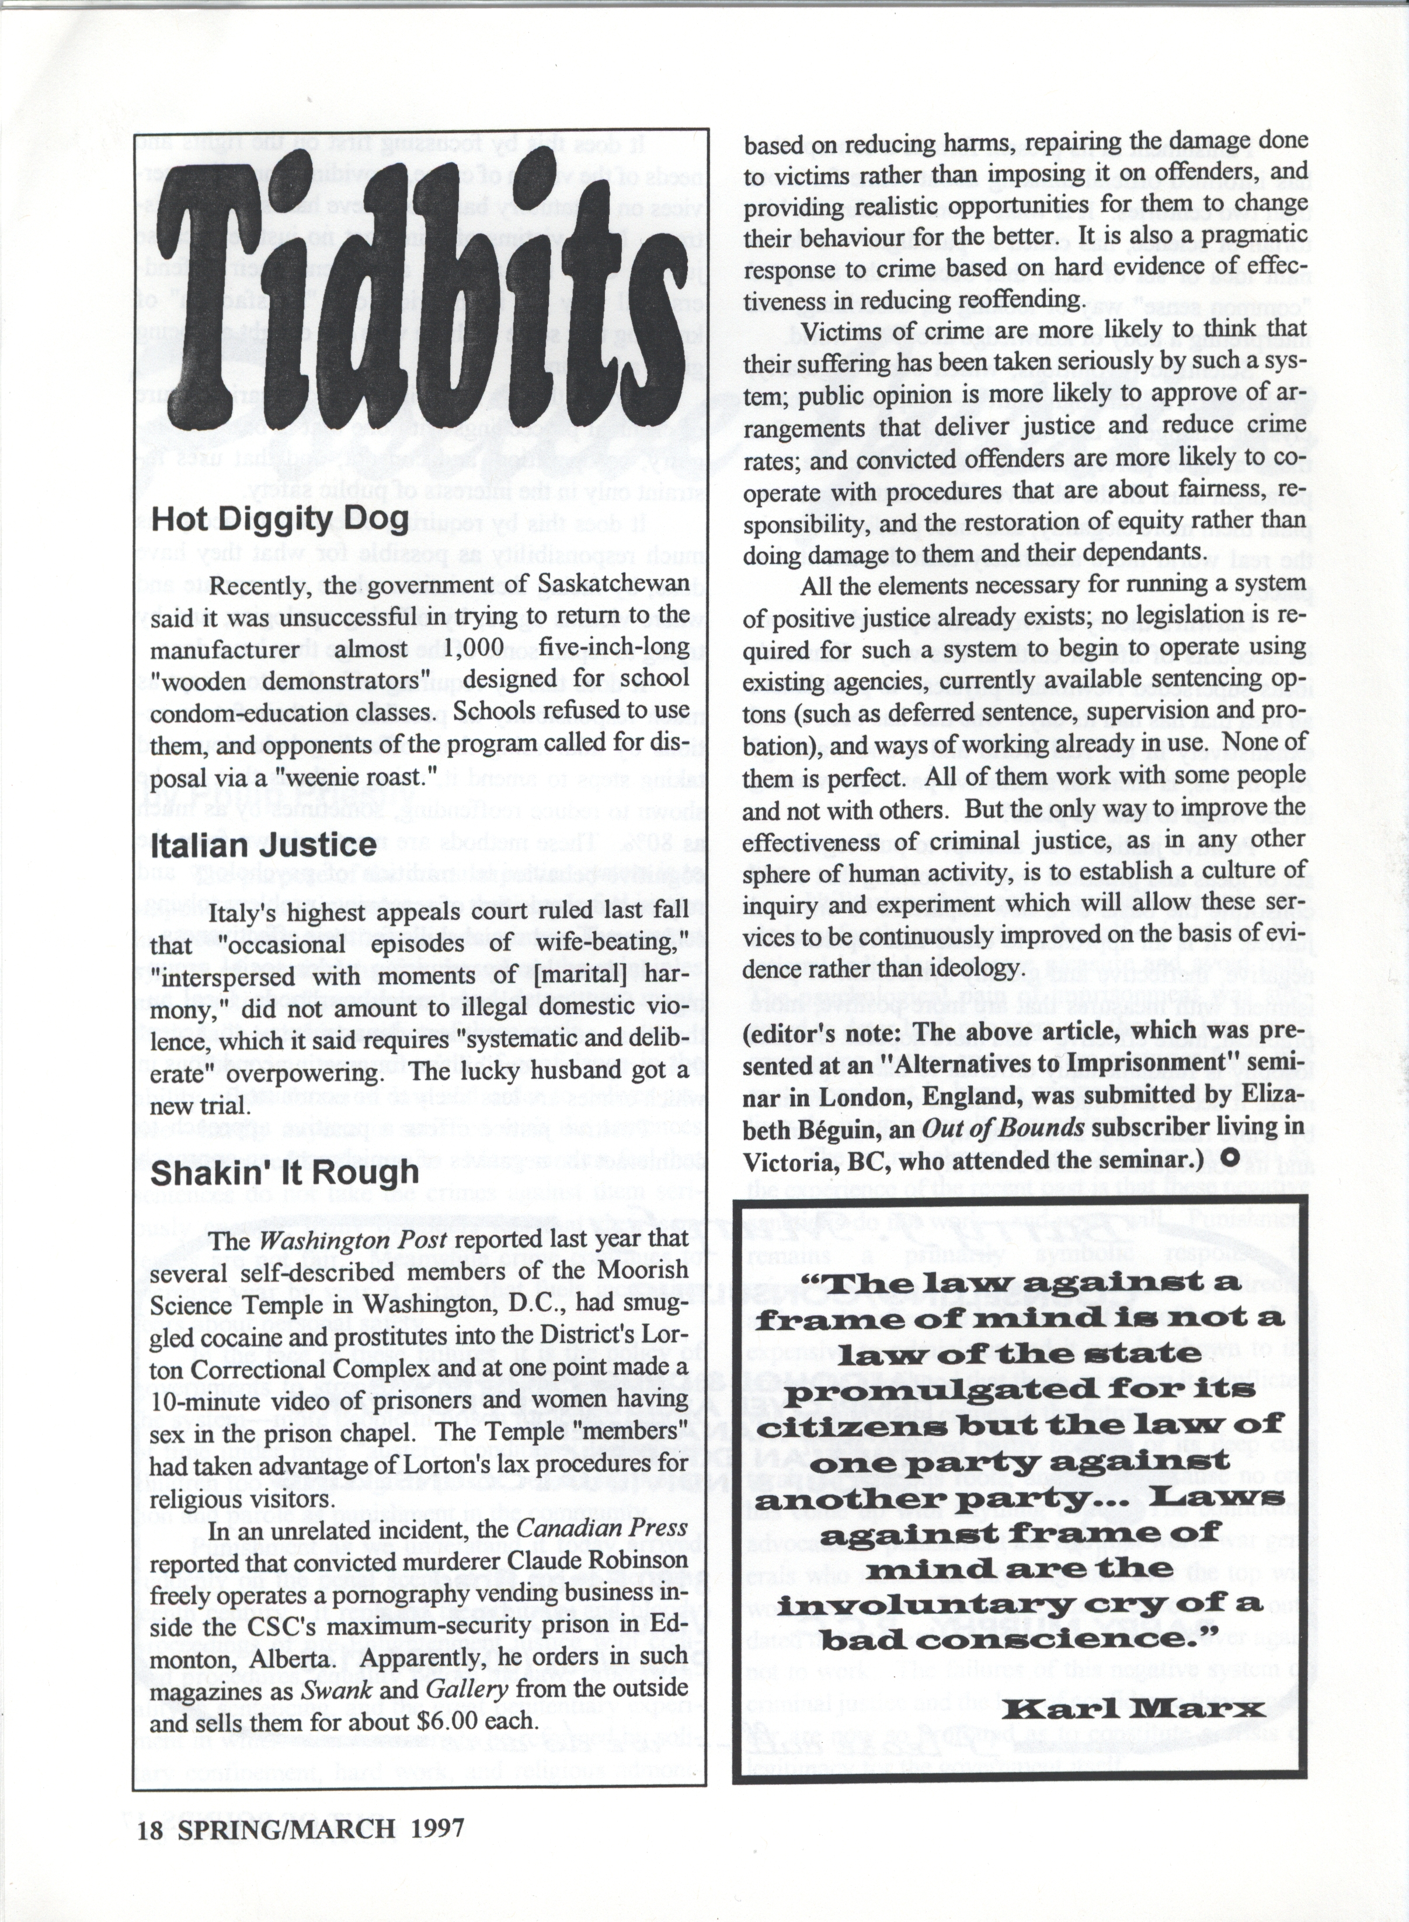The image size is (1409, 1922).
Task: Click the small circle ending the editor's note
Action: [1230, 1159]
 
